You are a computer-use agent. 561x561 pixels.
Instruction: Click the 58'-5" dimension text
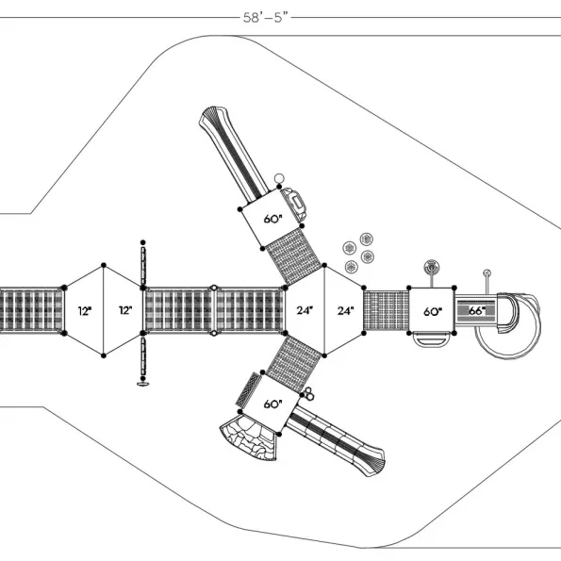(x=266, y=17)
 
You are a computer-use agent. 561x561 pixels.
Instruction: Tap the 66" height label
(x=477, y=311)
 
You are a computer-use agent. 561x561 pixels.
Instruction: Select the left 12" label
(x=85, y=311)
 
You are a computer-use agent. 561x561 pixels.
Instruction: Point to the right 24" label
(x=345, y=310)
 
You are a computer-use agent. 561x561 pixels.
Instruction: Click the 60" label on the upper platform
(x=273, y=219)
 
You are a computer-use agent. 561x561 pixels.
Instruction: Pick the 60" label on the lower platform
(x=273, y=404)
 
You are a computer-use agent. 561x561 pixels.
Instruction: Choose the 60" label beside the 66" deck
(x=433, y=312)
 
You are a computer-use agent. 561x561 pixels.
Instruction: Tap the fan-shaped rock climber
(x=249, y=437)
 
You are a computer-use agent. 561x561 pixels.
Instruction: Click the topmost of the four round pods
(x=366, y=239)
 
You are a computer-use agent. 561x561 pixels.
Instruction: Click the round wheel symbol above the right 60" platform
(x=432, y=267)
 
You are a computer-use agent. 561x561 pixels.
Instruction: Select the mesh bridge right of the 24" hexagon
(x=386, y=310)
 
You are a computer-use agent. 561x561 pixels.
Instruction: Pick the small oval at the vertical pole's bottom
(x=142, y=385)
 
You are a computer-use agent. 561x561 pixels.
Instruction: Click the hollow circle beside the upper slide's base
(x=279, y=178)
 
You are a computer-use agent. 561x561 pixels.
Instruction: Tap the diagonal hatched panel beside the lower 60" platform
(x=248, y=389)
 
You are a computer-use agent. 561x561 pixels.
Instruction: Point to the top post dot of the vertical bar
(x=142, y=242)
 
